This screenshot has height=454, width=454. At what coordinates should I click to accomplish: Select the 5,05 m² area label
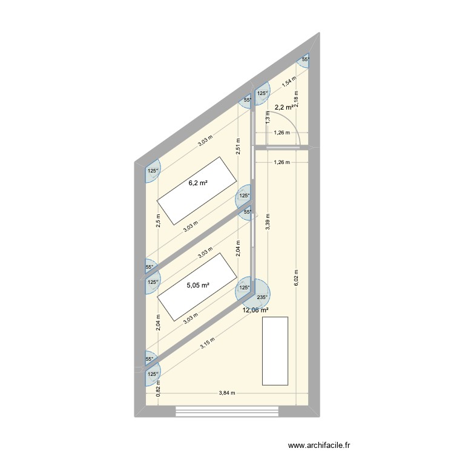(198, 285)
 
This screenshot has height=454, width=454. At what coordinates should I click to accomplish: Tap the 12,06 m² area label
(255, 310)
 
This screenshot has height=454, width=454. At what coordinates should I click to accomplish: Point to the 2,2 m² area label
(285, 107)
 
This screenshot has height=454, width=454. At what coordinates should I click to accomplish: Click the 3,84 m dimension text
(228, 393)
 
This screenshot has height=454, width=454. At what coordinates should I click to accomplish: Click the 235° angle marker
(262, 297)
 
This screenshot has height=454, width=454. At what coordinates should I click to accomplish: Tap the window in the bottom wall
(228, 411)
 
